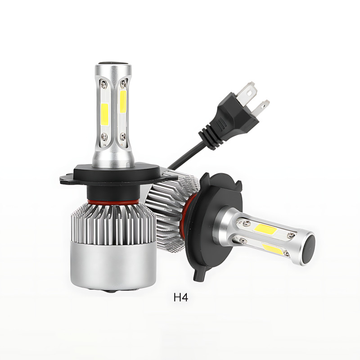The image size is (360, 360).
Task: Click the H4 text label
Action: click(181, 297)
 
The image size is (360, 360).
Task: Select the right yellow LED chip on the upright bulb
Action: click(123, 102)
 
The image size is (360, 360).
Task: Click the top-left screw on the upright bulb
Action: click(103, 83)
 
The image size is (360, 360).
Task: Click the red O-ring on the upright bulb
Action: click(113, 202)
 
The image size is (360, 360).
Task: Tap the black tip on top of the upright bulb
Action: click(113, 63)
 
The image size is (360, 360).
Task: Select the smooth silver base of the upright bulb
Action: click(113, 266)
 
